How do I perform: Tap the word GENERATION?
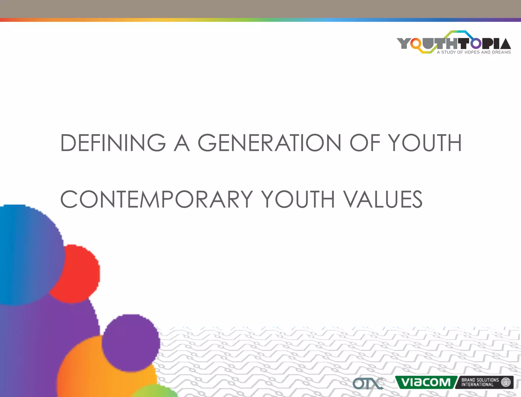(269, 143)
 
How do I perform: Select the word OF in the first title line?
(365, 143)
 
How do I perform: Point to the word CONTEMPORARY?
(156, 199)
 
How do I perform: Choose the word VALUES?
(383, 199)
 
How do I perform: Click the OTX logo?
(368, 384)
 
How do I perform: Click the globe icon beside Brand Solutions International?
(506, 382)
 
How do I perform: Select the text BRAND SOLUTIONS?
(480, 380)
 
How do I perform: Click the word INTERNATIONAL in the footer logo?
(477, 385)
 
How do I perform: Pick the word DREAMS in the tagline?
(501, 52)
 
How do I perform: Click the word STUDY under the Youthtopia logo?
(448, 52)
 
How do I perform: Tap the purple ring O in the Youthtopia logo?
(476, 43)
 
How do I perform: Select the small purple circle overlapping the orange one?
(131, 342)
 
